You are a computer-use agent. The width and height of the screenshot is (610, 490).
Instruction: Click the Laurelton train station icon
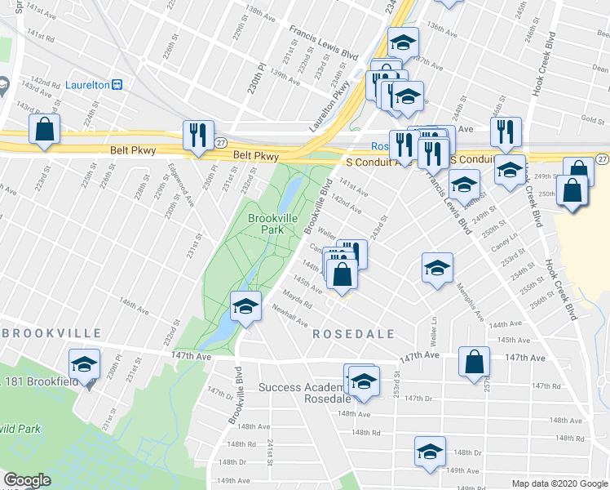117,83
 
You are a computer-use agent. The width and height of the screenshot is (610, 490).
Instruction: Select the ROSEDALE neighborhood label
355,334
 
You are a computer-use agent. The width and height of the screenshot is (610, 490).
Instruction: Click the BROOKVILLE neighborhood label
52,333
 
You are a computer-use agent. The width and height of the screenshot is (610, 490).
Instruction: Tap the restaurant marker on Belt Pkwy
198,136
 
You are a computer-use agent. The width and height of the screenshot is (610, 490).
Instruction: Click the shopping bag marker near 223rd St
44,129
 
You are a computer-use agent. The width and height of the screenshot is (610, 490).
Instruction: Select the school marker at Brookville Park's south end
245,306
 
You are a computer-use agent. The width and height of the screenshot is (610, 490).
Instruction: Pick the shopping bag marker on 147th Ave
474,362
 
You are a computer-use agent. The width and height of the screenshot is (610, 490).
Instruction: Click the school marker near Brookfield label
84,364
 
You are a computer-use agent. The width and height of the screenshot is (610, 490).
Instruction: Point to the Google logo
27,480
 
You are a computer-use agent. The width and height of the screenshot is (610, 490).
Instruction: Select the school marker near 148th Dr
430,452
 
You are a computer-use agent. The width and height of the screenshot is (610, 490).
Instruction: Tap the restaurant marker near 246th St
506,133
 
